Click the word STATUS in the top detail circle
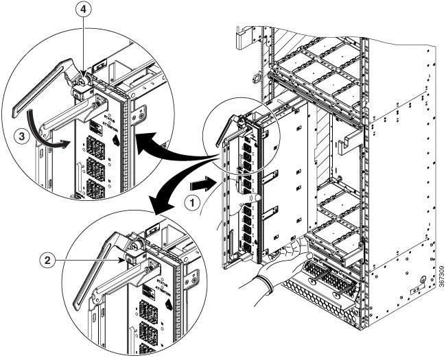(x=103, y=123)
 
